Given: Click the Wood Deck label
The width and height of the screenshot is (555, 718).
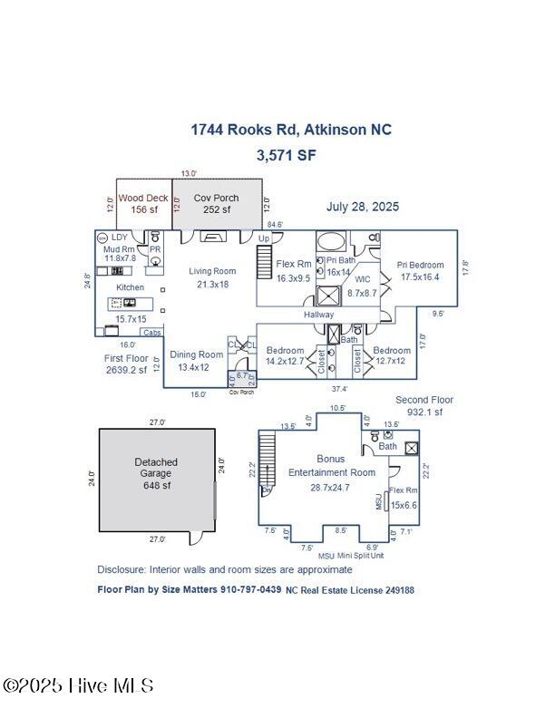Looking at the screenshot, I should pyautogui.click(x=139, y=198).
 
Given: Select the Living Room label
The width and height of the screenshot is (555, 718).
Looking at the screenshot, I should pyautogui.click(x=212, y=270).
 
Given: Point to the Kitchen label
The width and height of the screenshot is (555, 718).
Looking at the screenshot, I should pyautogui.click(x=130, y=286).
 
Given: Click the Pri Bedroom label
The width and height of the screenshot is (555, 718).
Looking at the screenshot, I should pyautogui.click(x=420, y=265).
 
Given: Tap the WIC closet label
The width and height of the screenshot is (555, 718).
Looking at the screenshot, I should pyautogui.click(x=363, y=279).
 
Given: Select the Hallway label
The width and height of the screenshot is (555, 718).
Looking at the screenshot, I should pyautogui.click(x=318, y=315).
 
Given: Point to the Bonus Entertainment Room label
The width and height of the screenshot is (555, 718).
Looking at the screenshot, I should pyautogui.click(x=330, y=466).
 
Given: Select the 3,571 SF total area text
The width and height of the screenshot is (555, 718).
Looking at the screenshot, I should pyautogui.click(x=287, y=155).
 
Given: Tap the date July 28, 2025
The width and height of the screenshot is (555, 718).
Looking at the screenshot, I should pyautogui.click(x=362, y=207).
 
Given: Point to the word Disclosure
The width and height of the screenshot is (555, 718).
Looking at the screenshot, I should pyautogui.click(x=123, y=569).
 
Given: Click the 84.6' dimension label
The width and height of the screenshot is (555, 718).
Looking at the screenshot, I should pyautogui.click(x=274, y=224).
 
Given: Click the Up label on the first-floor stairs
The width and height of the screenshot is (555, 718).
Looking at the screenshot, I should pyautogui.click(x=265, y=238).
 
